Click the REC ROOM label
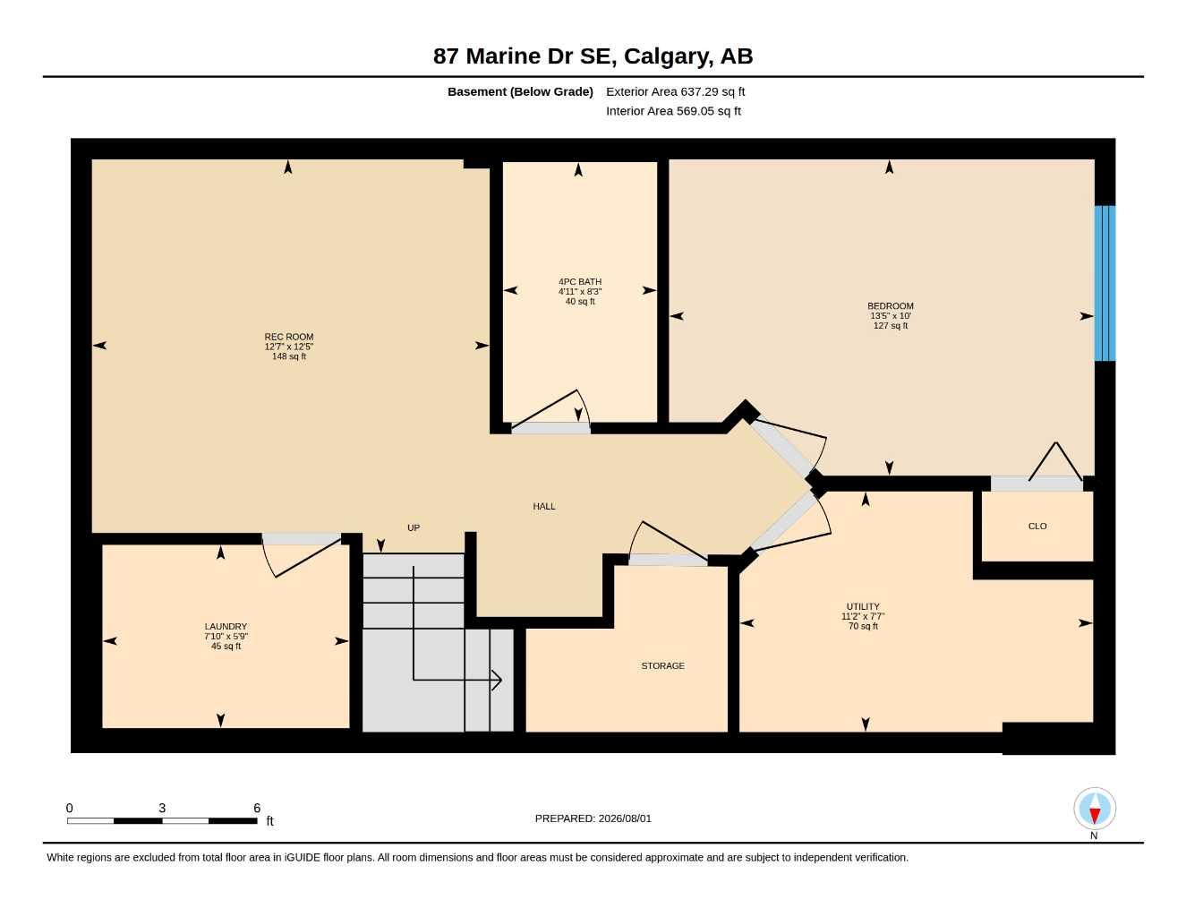click(289, 337)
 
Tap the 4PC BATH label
click(580, 282)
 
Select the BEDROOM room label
click(891, 306)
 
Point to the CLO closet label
click(1037, 527)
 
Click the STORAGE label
click(662, 666)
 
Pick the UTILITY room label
click(862, 606)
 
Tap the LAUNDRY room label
click(226, 627)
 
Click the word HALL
click(544, 507)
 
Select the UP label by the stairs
click(414, 527)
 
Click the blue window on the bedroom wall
click(1105, 283)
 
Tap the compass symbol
click(1095, 809)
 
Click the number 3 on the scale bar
click(162, 809)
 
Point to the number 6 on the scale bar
click(257, 809)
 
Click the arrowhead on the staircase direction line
click(497, 680)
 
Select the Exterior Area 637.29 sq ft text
click(675, 91)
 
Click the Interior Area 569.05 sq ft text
click(673, 111)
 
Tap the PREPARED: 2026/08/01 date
click(593, 818)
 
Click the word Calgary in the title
click(668, 56)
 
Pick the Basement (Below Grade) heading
click(520, 91)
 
